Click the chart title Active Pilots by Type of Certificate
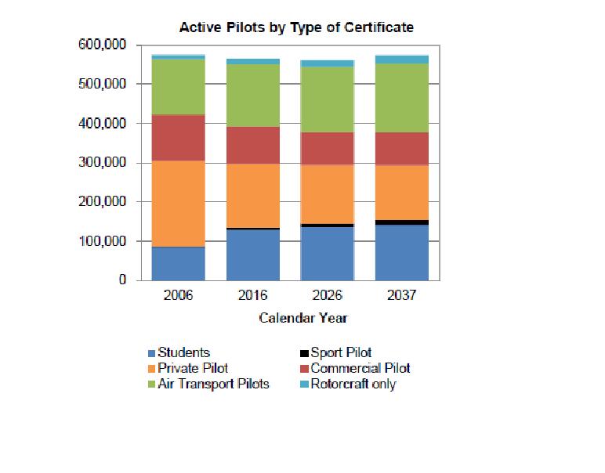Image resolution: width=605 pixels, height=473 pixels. click(x=296, y=27)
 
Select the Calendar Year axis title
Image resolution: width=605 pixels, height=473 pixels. click(x=302, y=318)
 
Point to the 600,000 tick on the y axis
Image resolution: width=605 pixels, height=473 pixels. click(x=103, y=45)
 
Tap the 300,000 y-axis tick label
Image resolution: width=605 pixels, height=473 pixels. click(x=103, y=163)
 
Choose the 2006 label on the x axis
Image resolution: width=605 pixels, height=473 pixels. click(x=178, y=296)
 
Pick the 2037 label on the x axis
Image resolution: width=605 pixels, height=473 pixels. click(x=401, y=296)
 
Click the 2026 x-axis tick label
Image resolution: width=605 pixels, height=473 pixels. click(x=327, y=296)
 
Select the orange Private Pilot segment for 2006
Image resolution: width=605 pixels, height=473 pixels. click(x=178, y=204)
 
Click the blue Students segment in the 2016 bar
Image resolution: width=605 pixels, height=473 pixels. click(x=252, y=255)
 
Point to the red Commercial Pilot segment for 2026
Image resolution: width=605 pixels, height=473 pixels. click(x=327, y=148)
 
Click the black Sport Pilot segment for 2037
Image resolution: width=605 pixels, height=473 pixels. click(x=401, y=222)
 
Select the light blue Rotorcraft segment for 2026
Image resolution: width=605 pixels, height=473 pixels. click(x=327, y=63)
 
